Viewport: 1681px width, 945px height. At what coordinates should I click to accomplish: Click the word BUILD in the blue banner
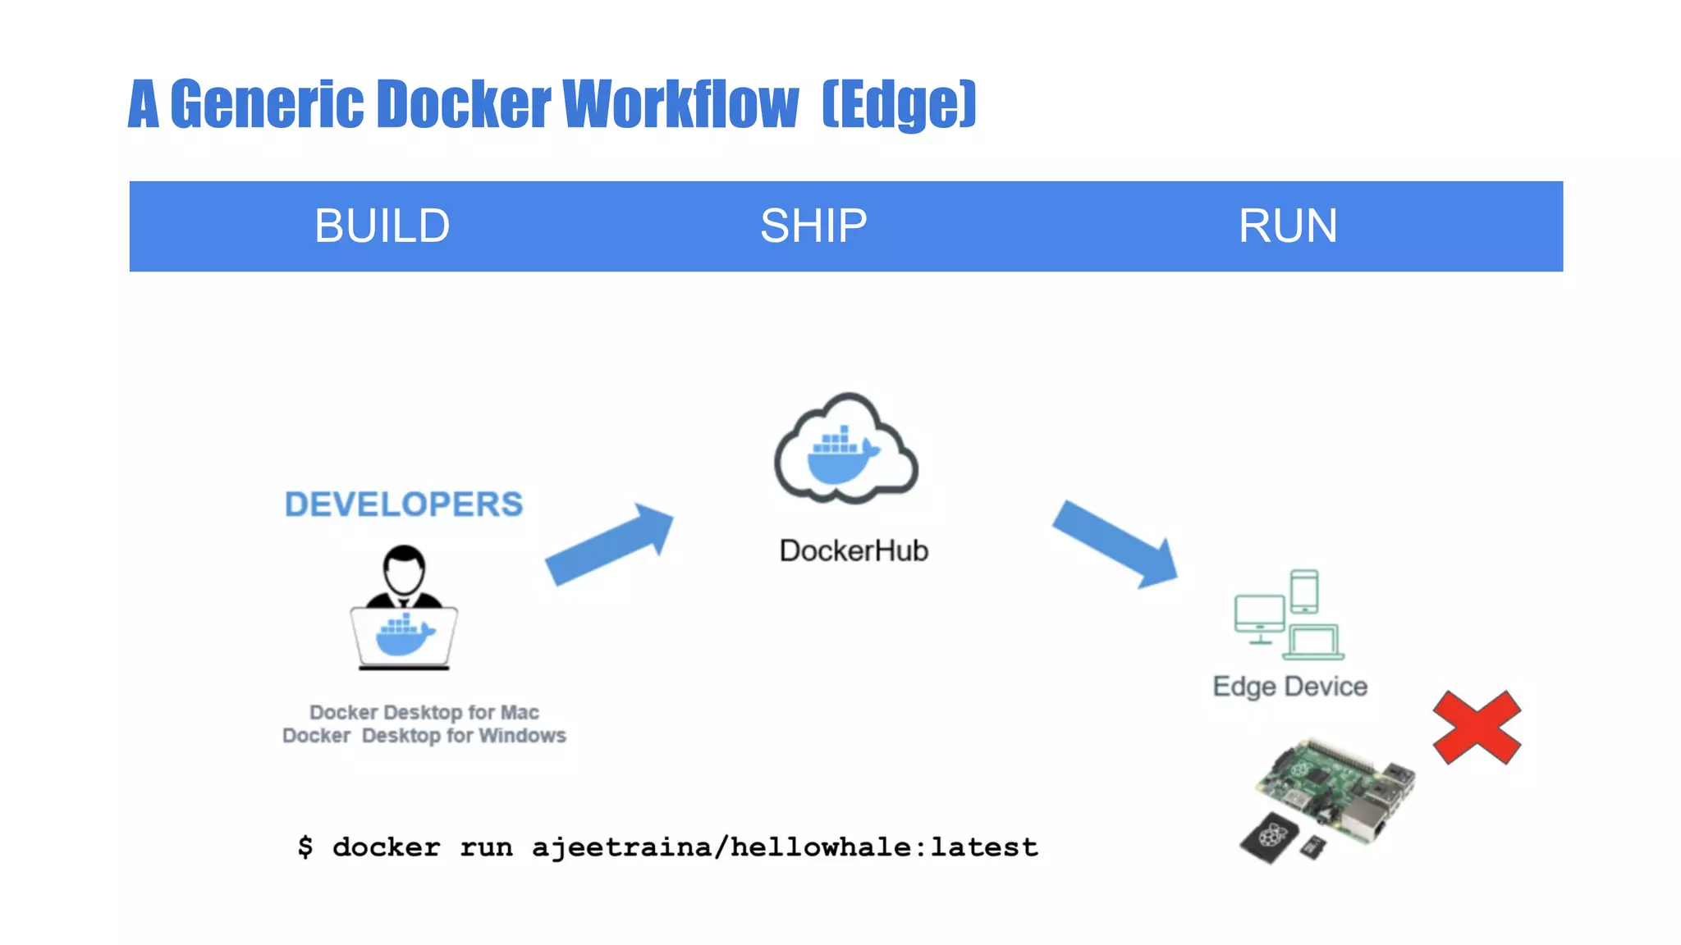pos(382,226)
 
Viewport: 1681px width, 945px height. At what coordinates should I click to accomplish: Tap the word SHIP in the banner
pos(813,226)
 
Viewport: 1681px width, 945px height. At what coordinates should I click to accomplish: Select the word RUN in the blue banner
pos(1287,226)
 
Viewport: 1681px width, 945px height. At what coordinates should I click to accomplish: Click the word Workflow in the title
pos(680,104)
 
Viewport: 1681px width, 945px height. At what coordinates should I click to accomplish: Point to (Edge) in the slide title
pos(899,104)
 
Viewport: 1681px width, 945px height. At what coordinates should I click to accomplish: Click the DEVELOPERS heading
pos(403,504)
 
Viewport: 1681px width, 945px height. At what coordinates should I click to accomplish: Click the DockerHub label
pos(854,550)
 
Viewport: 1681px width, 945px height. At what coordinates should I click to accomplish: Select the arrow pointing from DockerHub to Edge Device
pos(1116,544)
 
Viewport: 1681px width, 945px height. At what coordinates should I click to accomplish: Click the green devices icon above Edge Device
pos(1289,615)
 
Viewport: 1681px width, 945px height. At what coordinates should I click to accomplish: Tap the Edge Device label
pos(1289,686)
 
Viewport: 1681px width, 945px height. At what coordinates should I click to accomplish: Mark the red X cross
pos(1477,728)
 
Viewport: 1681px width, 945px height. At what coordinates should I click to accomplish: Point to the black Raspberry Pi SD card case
pos(1269,837)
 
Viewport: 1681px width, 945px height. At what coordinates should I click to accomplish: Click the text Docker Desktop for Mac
pos(424,712)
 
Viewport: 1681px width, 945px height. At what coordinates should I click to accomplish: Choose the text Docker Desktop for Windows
pos(424,735)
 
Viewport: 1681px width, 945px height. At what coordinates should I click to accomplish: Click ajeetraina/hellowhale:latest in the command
pos(785,847)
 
